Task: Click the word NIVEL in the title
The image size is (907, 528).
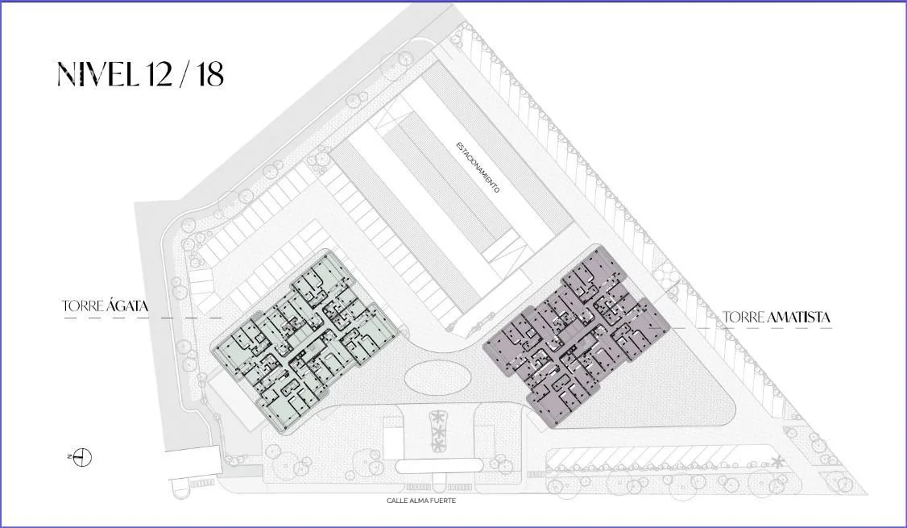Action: coord(97,75)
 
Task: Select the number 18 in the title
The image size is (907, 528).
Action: coord(209,75)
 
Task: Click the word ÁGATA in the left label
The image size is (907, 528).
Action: coord(127,306)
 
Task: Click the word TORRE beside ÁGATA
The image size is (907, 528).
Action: coord(83,307)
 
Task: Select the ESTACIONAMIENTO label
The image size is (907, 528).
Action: coord(477,168)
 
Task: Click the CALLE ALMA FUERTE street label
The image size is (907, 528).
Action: coord(421,501)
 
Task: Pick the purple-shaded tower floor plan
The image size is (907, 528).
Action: coord(576,336)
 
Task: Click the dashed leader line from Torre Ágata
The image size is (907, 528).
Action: coord(143,318)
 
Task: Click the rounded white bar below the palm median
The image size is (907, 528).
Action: coord(439,466)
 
